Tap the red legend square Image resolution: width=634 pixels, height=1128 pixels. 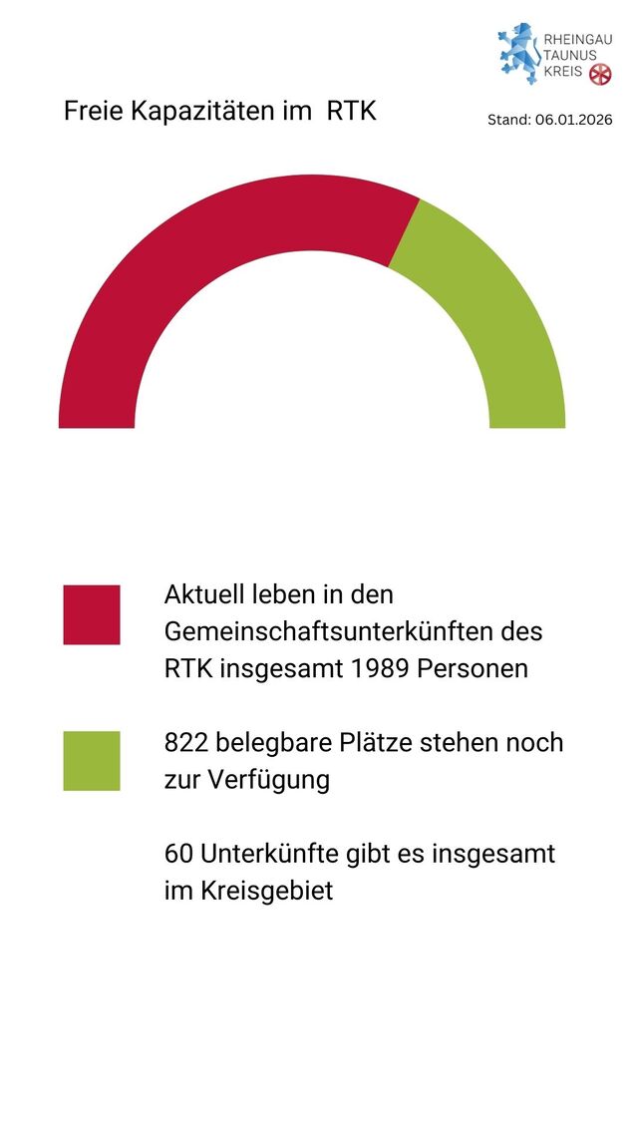tap(92, 614)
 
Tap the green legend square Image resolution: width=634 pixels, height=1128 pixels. tap(92, 761)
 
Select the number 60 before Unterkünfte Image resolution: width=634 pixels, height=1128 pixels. tap(179, 854)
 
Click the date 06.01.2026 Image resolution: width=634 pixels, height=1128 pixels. tap(573, 120)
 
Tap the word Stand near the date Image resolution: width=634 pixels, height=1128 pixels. tap(507, 120)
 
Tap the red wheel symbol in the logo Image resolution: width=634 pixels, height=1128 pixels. tap(600, 74)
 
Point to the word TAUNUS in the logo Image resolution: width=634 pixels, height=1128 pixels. tap(570, 55)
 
